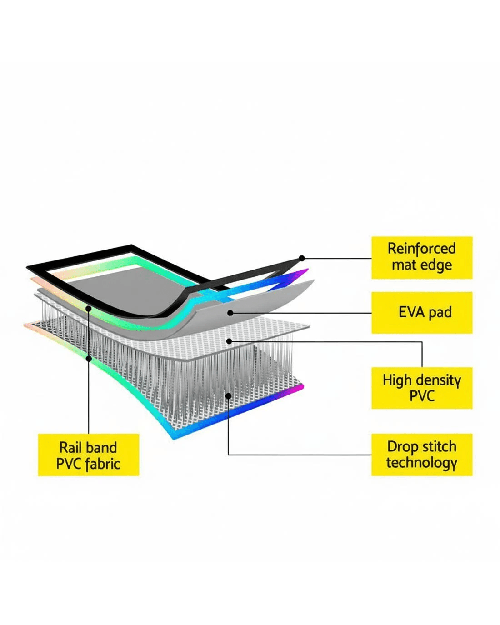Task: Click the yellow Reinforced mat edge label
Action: coord(422,257)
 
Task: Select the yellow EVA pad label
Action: coord(422,313)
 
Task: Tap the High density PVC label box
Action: coord(422,388)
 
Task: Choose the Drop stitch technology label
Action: coord(422,455)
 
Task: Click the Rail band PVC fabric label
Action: coord(88,455)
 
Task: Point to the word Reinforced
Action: coord(422,249)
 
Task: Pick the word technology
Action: coord(422,463)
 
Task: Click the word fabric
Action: coord(103,464)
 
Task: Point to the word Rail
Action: coord(70,447)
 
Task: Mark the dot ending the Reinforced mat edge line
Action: coord(302,258)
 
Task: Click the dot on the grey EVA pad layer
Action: coord(230,313)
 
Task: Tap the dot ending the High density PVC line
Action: coord(229,341)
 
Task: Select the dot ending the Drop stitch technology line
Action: coord(228,395)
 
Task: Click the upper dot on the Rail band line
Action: coord(89,309)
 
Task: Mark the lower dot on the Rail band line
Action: coord(89,359)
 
